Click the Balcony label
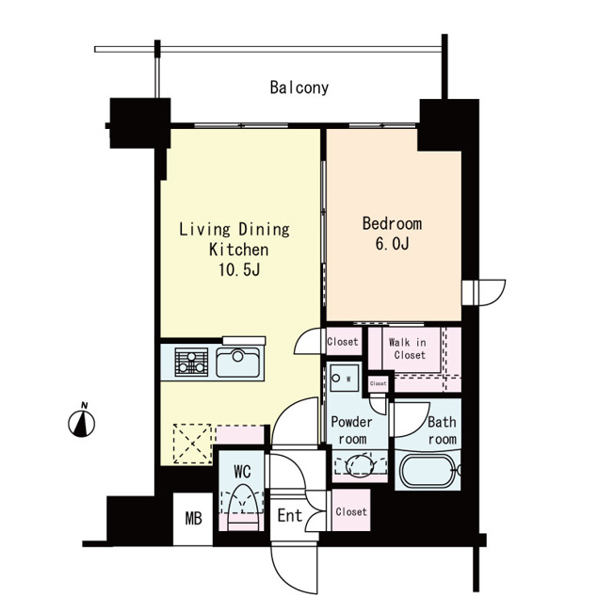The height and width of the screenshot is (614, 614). pos(299,88)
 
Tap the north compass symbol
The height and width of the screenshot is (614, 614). pos(81,420)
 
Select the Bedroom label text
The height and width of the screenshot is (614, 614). pos(392,223)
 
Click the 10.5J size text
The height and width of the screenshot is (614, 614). pos(239,269)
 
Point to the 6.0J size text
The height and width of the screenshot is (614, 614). pos(392,244)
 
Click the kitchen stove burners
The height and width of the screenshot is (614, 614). pos(191,363)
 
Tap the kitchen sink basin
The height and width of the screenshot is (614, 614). pos(237,363)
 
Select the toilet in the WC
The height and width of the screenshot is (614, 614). pos(242,507)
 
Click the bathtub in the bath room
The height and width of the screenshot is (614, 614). pos(428,470)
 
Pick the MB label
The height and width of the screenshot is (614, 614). pos(193,519)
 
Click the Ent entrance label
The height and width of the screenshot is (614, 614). pos(290,515)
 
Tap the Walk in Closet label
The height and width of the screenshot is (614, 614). pos(408,348)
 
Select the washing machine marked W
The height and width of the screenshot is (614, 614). pos(345,378)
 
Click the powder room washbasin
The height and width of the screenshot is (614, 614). pos(360,465)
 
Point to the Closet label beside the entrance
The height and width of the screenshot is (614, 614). pos(351,511)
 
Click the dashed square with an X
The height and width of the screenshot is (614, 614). pos(193,444)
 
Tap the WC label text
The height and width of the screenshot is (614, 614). pos(242,472)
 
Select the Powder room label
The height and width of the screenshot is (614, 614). pos(351,430)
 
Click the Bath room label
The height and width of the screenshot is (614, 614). pos(442,430)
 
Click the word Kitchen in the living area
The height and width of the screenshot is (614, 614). pos(239,250)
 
